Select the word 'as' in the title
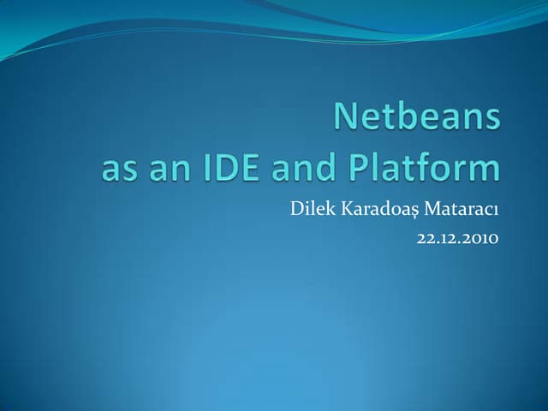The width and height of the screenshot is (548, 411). point(117,168)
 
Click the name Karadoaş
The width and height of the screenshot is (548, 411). point(380,209)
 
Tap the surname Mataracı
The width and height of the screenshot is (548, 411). point(463,208)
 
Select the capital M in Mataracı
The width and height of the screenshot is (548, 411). point(436,208)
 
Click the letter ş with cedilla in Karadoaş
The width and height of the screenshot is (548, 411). point(415,211)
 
